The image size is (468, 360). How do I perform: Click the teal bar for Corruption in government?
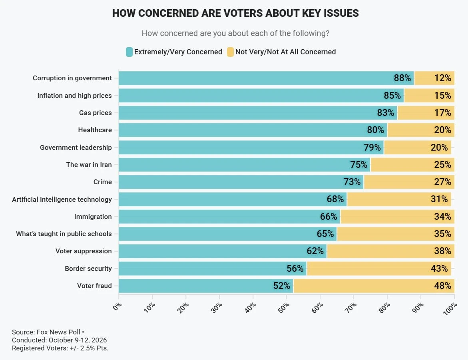point(266,78)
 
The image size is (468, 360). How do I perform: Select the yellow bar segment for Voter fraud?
point(374,286)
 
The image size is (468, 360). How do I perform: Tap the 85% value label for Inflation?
point(392,95)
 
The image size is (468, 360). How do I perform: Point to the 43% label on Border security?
point(439,269)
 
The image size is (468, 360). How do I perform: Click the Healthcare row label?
point(95,130)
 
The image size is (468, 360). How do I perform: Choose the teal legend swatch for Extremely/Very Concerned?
point(129,52)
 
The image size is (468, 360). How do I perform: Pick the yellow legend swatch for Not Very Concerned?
point(230,52)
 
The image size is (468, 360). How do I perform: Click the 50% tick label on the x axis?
point(284,308)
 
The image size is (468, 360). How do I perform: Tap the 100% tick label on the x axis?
point(450,308)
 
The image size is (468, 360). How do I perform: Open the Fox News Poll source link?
point(58,332)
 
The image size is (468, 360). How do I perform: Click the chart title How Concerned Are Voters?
point(235,14)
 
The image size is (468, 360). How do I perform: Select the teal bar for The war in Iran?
point(245,165)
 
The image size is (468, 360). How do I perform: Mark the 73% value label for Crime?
point(352,182)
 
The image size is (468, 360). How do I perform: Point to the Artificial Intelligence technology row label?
point(62,199)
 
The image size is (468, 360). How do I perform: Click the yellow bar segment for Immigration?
point(397,217)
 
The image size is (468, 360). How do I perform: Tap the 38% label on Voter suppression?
point(442,251)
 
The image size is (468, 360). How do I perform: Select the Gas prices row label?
point(96,113)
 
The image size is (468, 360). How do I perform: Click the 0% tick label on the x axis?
point(117,306)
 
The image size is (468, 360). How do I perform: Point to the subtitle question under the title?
point(235,33)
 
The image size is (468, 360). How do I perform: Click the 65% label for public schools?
point(325,234)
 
